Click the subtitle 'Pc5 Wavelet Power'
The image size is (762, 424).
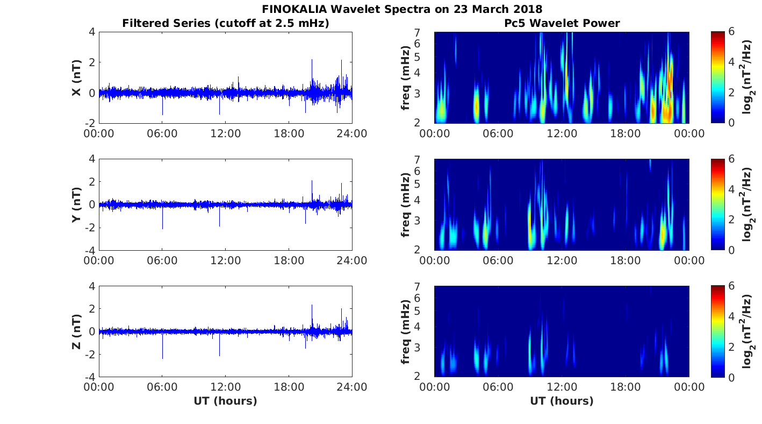(562, 23)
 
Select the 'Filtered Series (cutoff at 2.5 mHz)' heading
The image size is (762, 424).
(226, 23)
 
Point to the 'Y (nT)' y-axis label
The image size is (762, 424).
(77, 205)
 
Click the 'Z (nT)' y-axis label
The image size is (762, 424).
(77, 332)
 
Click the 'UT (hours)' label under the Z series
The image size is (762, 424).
(226, 401)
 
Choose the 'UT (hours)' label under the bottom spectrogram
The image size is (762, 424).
(562, 401)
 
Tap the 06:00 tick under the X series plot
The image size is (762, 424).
(162, 133)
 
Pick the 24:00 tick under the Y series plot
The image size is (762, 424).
(352, 260)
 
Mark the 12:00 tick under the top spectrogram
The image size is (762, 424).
(562, 133)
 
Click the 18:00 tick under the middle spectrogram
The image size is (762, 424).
(626, 260)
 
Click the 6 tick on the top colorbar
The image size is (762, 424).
(732, 32)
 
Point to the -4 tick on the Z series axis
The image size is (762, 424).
(88, 377)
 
